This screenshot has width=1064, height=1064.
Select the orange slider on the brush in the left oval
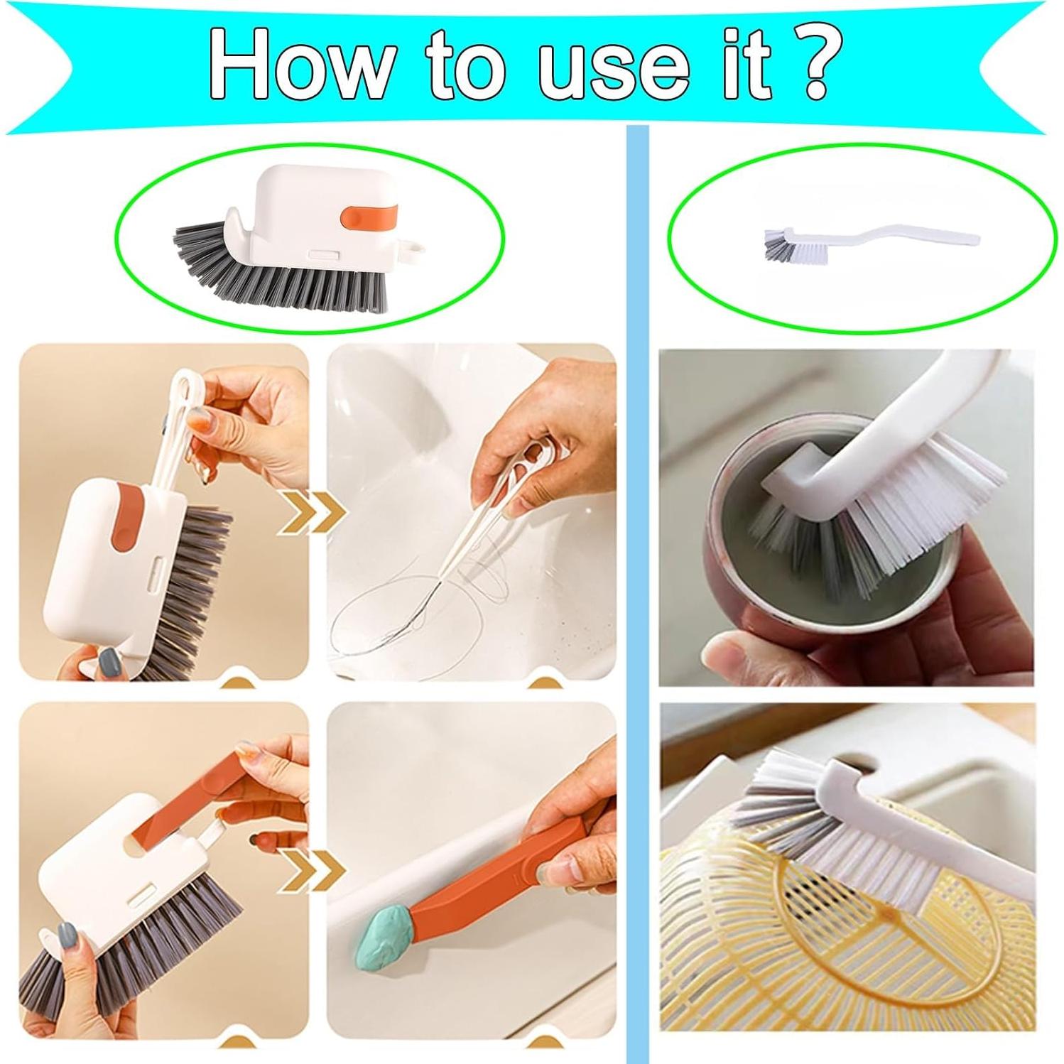tap(369, 217)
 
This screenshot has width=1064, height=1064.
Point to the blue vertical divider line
tap(638, 568)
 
